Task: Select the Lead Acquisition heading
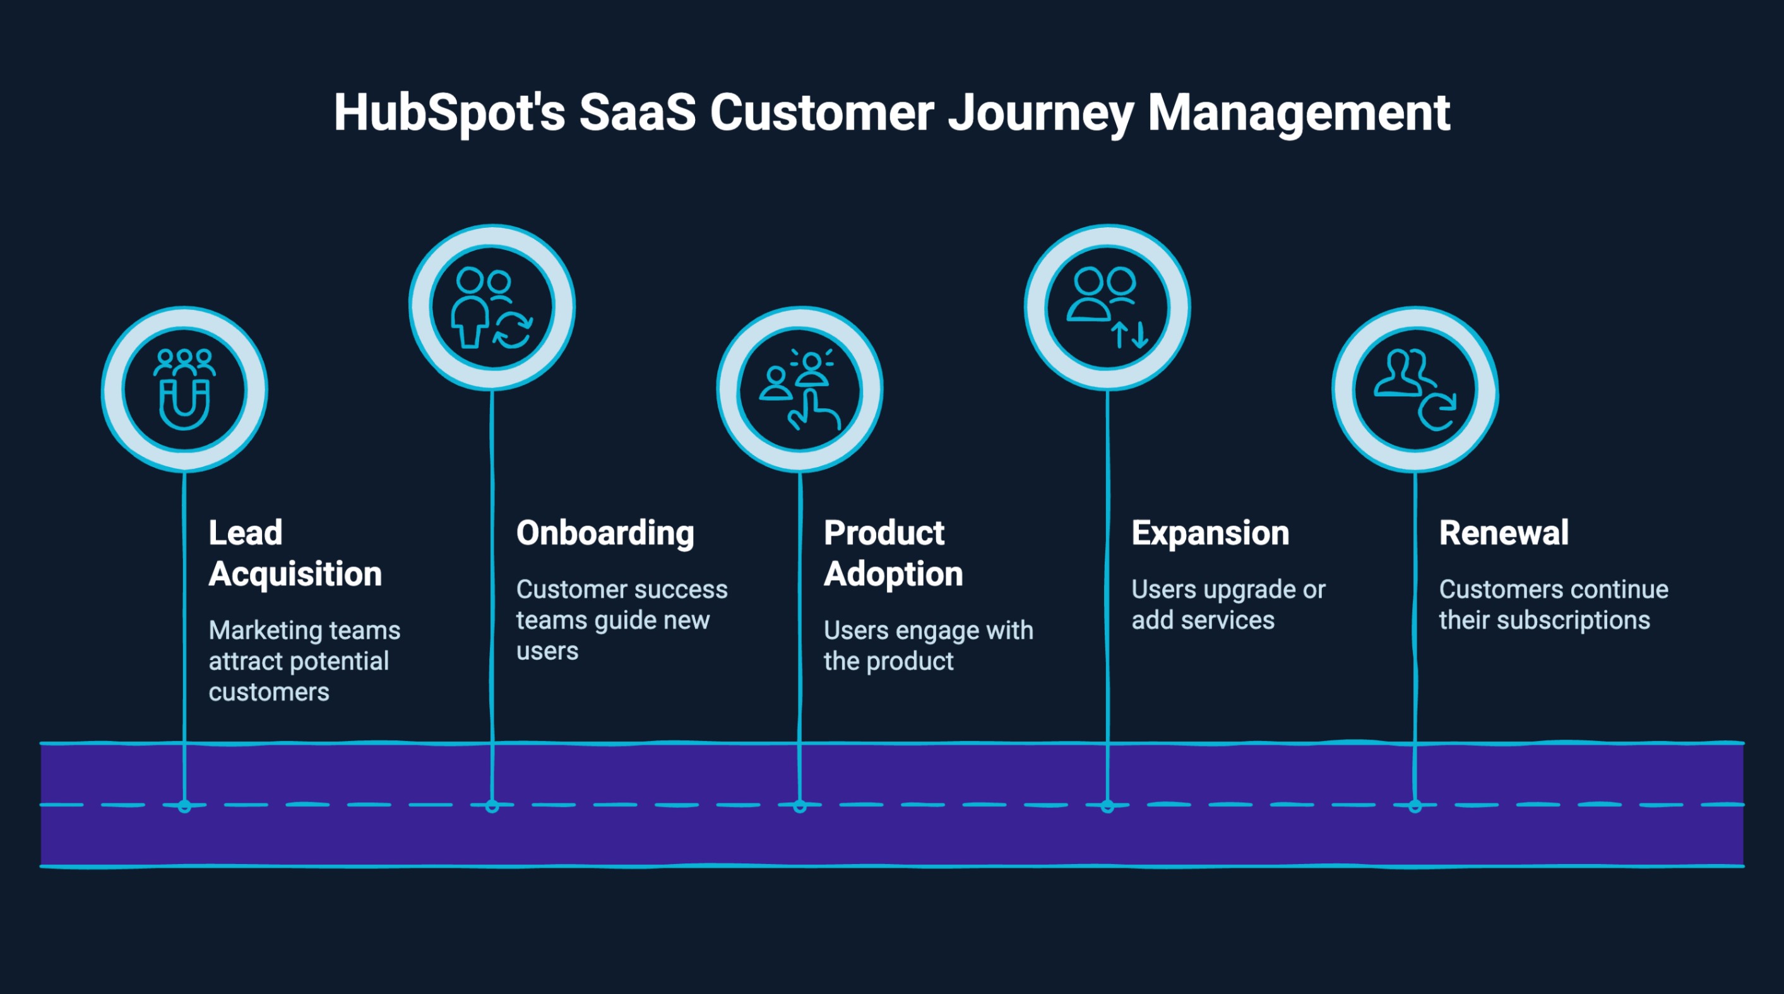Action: pos(294,553)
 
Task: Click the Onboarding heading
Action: pos(605,533)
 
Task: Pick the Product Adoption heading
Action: pos(893,553)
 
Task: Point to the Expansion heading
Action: pos(1210,533)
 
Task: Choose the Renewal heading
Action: pos(1504,533)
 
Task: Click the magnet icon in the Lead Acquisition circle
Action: pos(184,405)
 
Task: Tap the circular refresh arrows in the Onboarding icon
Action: pos(513,330)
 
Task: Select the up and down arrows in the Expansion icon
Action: pos(1129,334)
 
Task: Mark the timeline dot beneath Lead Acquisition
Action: pos(184,807)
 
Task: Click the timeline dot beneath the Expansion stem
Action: pos(1107,807)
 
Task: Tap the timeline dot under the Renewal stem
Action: pos(1415,807)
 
